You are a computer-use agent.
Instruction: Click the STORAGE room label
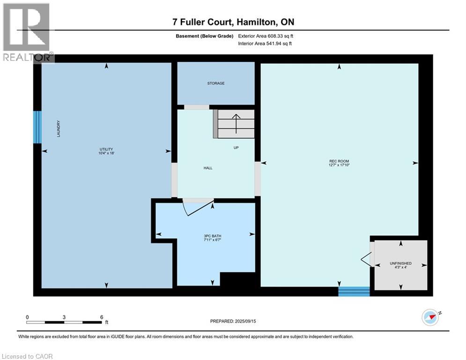216,83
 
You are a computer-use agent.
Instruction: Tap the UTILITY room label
106,150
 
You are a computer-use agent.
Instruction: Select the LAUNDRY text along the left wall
59,128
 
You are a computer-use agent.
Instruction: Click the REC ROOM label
339,161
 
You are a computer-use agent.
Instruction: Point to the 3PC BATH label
213,236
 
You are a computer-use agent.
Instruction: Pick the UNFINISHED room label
400,263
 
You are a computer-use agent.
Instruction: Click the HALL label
208,168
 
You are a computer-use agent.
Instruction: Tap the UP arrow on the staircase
236,123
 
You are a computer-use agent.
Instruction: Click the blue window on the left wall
37,127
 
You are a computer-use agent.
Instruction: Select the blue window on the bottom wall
354,292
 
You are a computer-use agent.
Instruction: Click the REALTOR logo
27,33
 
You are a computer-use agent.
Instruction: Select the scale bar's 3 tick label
64,317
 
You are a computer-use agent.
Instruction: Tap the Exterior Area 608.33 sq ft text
266,36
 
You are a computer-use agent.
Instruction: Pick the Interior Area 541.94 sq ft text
265,44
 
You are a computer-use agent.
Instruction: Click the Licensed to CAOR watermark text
27,356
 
